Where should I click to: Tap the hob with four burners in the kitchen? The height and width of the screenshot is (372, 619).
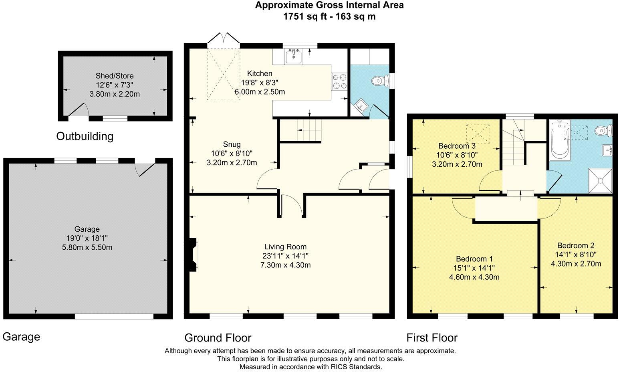pos(339,81)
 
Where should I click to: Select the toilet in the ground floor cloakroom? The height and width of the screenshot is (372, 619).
pos(379,81)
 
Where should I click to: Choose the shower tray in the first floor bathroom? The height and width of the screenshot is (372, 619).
pos(600,181)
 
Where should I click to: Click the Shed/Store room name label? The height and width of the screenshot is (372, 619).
pos(114,76)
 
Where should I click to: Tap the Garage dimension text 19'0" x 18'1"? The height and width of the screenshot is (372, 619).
pos(87,238)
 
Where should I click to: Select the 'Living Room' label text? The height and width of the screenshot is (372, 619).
pos(285,247)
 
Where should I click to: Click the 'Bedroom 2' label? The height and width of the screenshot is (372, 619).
pos(575,245)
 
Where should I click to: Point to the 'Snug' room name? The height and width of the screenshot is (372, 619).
pos(232,144)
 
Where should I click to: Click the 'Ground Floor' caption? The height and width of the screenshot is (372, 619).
pos(218,338)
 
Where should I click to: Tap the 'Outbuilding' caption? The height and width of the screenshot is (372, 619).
pos(85,136)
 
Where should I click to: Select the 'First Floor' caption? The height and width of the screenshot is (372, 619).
pos(431,338)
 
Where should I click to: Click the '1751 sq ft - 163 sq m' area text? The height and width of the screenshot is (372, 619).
pos(329,16)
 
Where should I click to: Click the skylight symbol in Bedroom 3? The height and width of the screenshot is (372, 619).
pos(478,134)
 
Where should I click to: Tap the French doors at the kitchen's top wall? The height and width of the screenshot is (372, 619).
pos(223,38)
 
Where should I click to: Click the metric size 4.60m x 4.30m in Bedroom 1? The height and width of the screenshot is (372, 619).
pos(474,277)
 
